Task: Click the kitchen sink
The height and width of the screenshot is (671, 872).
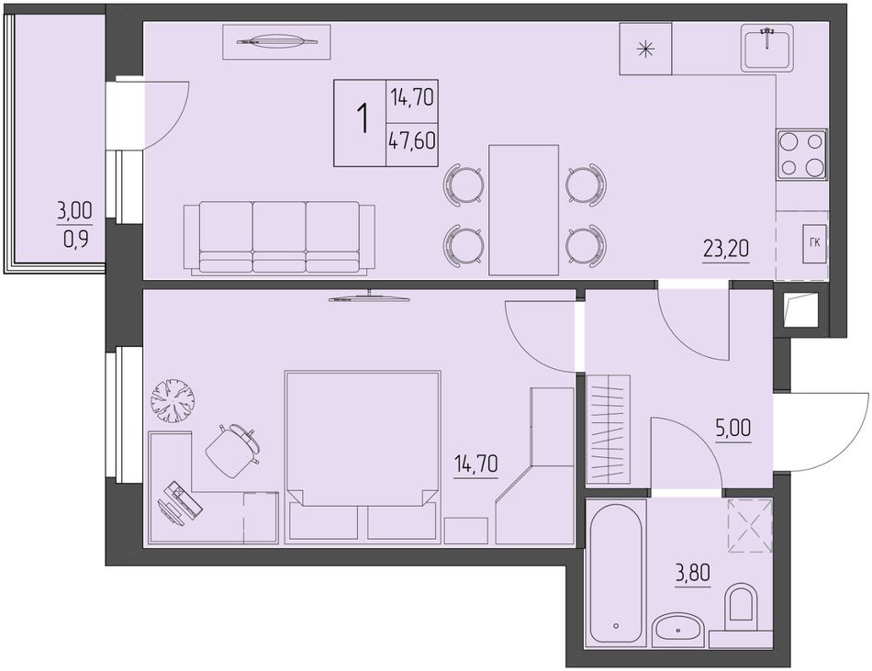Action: (766, 49)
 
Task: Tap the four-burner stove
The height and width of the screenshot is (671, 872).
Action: (801, 154)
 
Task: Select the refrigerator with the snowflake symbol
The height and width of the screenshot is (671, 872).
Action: (645, 49)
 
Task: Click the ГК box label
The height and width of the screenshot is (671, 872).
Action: (815, 242)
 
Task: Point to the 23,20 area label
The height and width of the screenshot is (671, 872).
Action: (726, 249)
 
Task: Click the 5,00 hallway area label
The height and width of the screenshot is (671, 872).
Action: (733, 428)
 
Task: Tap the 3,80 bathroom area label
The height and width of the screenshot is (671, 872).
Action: (693, 572)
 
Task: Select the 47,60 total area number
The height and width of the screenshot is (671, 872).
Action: (412, 141)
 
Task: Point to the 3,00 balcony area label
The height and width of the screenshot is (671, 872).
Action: (74, 211)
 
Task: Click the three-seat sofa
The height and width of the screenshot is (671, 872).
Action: (279, 238)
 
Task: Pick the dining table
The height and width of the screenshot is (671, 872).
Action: (523, 210)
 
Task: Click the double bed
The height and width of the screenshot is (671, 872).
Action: (363, 457)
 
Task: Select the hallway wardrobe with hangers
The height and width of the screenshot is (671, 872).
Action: (609, 430)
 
